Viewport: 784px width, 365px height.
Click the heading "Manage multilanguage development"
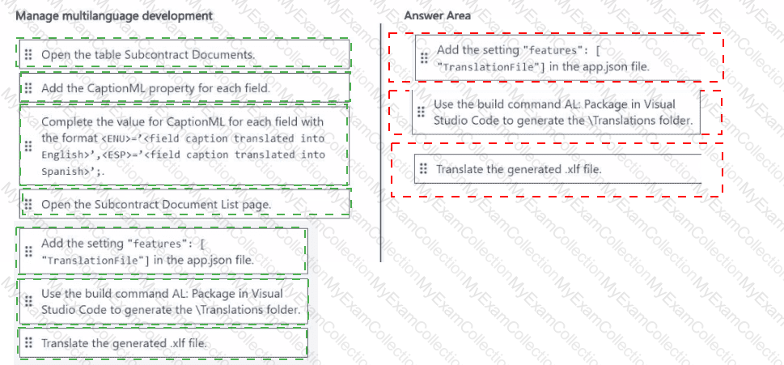click(114, 15)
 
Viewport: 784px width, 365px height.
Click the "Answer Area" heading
click(437, 15)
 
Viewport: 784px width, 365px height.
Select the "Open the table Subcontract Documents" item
click(184, 54)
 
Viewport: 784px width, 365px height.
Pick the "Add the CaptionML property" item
click(184, 88)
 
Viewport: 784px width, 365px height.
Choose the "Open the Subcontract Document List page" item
click(184, 204)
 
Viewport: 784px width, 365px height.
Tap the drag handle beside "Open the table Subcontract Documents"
click(28, 54)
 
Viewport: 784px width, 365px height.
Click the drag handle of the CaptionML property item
click(28, 88)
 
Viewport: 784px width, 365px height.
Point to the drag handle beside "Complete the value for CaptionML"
click(28, 146)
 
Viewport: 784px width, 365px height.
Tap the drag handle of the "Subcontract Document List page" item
click(28, 204)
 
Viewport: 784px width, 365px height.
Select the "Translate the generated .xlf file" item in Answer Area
click(557, 168)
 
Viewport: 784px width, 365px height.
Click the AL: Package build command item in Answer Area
click(556, 112)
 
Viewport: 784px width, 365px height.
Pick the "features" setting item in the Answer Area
click(557, 57)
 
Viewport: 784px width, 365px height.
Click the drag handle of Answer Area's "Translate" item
click(423, 168)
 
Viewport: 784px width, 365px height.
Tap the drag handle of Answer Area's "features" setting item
click(424, 58)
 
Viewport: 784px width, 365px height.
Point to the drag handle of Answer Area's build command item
click(421, 111)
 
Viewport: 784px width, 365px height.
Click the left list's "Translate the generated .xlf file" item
click(163, 342)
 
